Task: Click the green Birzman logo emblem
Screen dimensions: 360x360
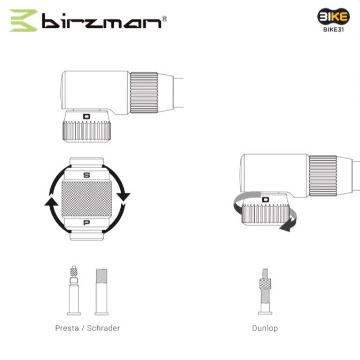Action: [x=24, y=20]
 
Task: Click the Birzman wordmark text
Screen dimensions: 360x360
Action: [x=101, y=21]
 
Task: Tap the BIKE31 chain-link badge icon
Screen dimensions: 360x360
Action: [x=333, y=17]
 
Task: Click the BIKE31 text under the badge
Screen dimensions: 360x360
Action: [x=333, y=29]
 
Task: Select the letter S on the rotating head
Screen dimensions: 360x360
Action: [x=87, y=175]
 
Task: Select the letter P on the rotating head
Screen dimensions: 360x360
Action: [x=87, y=223]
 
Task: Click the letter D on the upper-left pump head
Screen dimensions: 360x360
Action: [x=87, y=116]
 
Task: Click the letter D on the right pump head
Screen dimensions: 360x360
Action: [x=265, y=200]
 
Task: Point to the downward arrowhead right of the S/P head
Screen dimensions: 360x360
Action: [x=123, y=197]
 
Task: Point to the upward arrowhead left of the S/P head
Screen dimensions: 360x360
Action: [x=51, y=201]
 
